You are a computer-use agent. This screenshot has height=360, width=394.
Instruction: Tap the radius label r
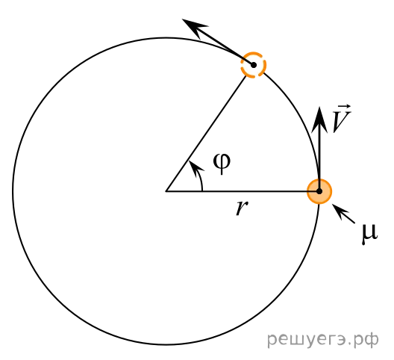pyautogui.click(x=242, y=208)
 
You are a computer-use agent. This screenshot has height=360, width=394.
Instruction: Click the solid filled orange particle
pyautogui.click(x=319, y=191)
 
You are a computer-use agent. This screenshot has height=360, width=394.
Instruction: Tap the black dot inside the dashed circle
pyautogui.click(x=254, y=65)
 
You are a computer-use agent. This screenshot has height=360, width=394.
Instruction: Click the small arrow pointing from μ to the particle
pyautogui.click(x=343, y=214)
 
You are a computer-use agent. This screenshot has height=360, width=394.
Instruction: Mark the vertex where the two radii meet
pyautogui.click(x=166, y=191)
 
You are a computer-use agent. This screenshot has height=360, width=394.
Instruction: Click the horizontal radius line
pyautogui.click(x=243, y=191)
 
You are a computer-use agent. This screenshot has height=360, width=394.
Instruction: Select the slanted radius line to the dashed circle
pyautogui.click(x=206, y=134)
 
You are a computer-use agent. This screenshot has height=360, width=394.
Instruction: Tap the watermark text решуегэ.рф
pyautogui.click(x=323, y=339)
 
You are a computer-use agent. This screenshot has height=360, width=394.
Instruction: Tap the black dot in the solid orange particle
pyautogui.click(x=319, y=191)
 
